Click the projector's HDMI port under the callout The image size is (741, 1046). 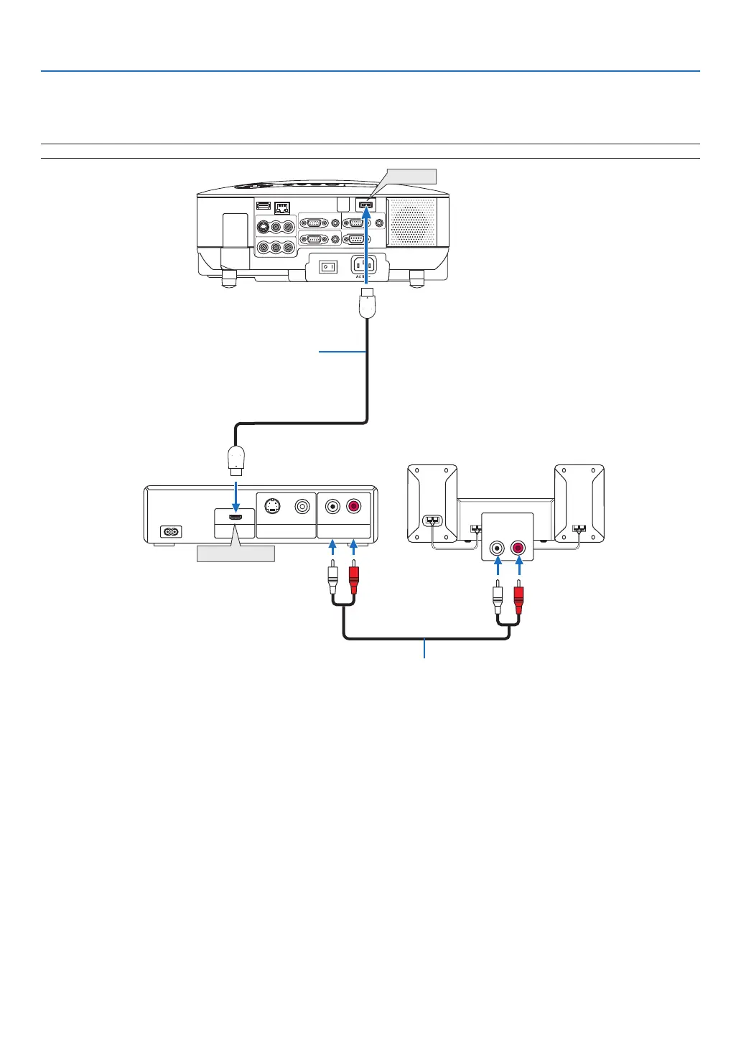tap(365, 206)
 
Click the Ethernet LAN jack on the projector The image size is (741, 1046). tap(282, 207)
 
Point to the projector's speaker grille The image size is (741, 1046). tap(411, 222)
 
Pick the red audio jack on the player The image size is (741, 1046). tap(353, 506)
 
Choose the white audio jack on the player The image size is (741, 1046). tap(332, 506)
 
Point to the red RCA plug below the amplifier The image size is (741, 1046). tap(518, 597)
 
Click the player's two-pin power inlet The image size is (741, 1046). tap(170, 532)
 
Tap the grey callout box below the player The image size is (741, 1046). tap(236, 554)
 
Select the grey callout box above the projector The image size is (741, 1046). tap(411, 176)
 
